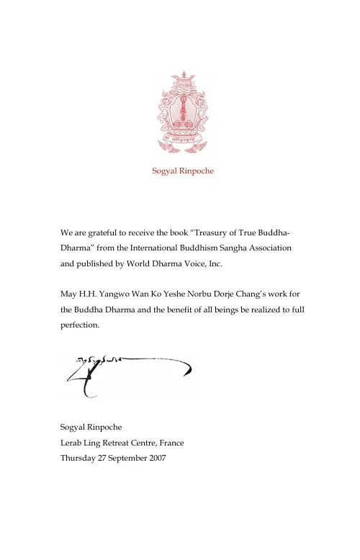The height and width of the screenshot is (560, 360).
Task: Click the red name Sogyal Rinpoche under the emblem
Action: pyautogui.click(x=182, y=171)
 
